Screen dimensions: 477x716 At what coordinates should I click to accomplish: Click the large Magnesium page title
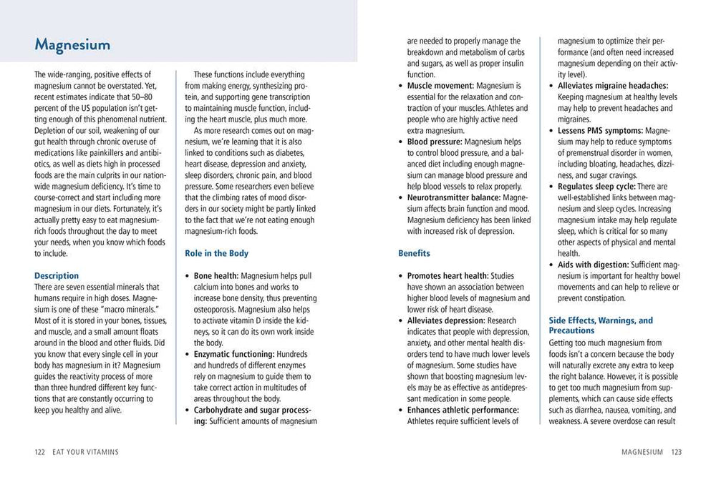(x=72, y=45)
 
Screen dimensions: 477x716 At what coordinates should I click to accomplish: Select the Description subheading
(x=57, y=275)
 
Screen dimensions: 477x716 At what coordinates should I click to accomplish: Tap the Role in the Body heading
(x=216, y=253)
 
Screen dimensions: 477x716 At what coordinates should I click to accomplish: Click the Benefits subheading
(x=415, y=253)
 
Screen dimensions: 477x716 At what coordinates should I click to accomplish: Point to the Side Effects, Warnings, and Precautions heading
(x=601, y=326)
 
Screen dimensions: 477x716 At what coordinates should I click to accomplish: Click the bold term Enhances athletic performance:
(x=463, y=410)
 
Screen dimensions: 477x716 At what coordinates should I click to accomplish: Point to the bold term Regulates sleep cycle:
(x=601, y=186)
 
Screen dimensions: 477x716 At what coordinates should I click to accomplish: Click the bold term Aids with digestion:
(x=594, y=265)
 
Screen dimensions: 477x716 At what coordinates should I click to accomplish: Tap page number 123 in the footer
(x=676, y=452)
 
